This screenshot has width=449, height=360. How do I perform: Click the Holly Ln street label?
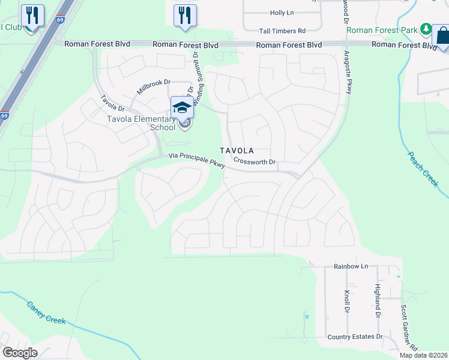[282, 13]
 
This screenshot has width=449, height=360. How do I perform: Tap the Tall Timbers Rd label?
[282, 31]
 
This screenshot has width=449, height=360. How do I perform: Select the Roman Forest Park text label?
[382, 29]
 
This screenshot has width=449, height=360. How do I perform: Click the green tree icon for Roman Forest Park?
[426, 28]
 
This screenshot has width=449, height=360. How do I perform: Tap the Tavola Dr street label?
[112, 104]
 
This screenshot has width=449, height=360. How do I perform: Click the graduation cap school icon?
[181, 107]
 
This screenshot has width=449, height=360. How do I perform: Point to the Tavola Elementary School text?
[141, 123]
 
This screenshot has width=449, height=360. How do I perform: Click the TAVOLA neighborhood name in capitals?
[237, 151]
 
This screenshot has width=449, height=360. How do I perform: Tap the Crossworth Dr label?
[254, 162]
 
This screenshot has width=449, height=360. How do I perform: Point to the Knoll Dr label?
[347, 304]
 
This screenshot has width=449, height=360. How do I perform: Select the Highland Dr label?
[378, 301]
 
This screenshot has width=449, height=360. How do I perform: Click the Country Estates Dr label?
[355, 337]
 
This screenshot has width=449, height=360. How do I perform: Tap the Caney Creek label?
[46, 313]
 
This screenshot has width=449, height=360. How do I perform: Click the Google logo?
[20, 353]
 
